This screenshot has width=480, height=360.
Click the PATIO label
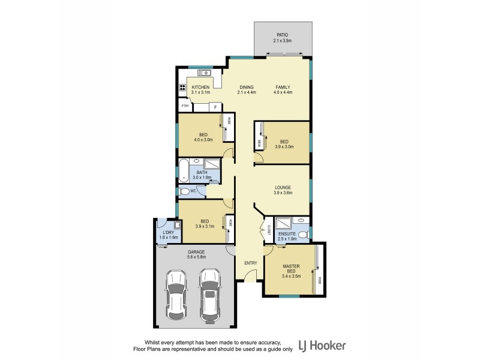282,35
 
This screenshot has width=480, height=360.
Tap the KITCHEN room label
200,88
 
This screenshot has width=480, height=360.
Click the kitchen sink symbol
204,73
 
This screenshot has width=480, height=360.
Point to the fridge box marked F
214,107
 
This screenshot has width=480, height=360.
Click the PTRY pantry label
185,106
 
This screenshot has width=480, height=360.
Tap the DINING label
247,88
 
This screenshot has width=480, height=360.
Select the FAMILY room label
283,88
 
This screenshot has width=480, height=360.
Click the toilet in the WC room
185,191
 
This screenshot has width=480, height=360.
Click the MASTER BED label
292,269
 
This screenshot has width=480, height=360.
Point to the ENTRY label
250,263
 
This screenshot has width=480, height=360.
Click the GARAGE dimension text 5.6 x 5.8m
196,257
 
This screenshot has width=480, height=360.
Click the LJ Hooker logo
322,346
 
